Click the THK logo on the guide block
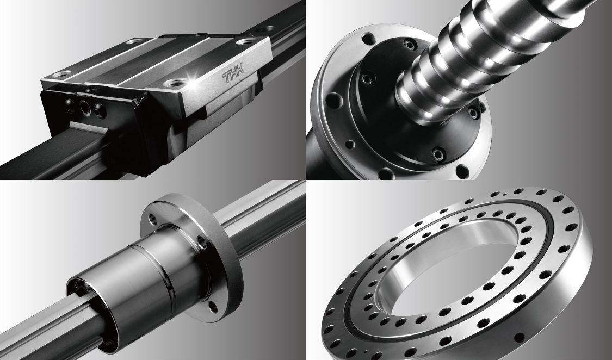233,75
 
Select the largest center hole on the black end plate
85,106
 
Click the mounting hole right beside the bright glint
175,82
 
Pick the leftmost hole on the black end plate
69,103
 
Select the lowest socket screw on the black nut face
438,154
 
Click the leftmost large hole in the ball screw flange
332,101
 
